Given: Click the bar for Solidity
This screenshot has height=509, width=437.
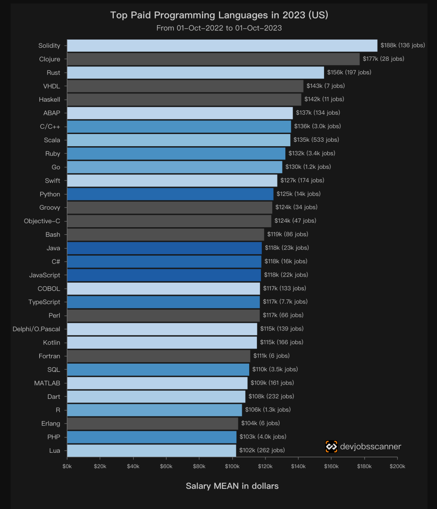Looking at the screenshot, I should (222, 45).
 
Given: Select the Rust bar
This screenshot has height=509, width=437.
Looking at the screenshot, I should (195, 72).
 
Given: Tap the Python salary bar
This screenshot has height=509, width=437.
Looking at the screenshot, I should (170, 194).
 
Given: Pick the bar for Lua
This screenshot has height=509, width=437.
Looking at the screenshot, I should (151, 450).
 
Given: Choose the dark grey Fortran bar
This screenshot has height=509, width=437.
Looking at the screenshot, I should (159, 356).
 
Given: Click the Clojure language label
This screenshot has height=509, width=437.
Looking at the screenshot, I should (49, 59).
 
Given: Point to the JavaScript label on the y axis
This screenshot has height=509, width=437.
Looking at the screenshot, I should (45, 275).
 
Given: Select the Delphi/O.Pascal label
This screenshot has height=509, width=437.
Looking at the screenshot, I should (36, 329).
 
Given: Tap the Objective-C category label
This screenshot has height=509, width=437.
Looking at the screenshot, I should (42, 221).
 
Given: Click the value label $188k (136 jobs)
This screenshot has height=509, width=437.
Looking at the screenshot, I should (403, 45).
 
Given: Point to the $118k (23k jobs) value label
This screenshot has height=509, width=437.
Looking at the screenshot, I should (287, 248).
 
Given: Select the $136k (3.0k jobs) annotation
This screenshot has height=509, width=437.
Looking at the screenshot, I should (318, 126).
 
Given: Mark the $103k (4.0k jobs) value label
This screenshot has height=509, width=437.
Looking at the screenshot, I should (263, 437).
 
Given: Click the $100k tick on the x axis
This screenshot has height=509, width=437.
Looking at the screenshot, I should (232, 466).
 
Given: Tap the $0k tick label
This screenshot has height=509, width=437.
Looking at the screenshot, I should (67, 466).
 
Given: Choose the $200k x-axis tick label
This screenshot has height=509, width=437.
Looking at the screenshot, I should (397, 466).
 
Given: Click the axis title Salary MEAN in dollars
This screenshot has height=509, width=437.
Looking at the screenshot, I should (232, 486).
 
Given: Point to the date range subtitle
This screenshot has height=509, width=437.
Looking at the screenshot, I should (219, 28).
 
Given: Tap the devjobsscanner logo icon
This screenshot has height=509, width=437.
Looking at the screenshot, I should (331, 447).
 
